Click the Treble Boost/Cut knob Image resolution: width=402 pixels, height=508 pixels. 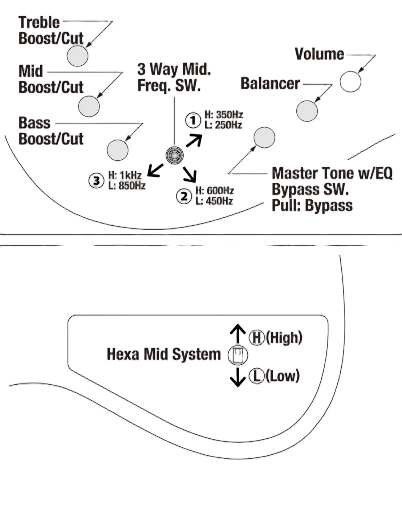[x=77, y=56]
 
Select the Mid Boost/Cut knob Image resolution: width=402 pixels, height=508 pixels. [x=89, y=106]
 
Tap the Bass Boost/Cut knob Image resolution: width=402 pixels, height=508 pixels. [x=117, y=150]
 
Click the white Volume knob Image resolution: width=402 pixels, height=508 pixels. [x=350, y=81]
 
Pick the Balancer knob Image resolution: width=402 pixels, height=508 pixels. [x=307, y=111]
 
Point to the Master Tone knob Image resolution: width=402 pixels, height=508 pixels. [x=264, y=138]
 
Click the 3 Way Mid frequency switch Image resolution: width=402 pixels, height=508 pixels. [x=175, y=155]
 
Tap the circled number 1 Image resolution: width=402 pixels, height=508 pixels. [x=193, y=120]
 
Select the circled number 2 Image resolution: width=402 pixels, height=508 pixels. [x=184, y=196]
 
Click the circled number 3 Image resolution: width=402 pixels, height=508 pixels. [x=96, y=181]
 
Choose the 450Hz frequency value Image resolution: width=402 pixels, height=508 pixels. [x=219, y=201]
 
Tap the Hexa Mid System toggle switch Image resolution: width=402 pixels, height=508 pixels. [x=238, y=355]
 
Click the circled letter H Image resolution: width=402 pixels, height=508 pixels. [x=256, y=337]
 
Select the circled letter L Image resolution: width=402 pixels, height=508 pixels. [x=256, y=376]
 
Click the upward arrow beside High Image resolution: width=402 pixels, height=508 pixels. [x=238, y=333]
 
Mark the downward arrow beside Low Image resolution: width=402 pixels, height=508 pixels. [x=238, y=377]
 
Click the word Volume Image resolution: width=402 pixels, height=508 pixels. [x=319, y=54]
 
